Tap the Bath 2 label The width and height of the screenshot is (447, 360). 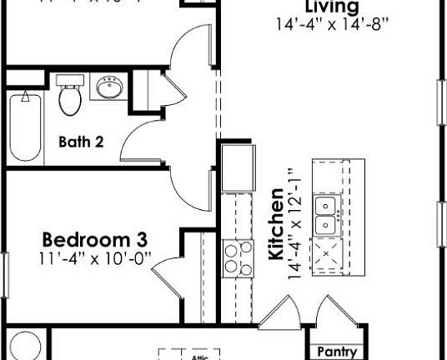tap(81, 142)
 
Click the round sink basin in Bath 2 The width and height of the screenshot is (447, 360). tap(108, 87)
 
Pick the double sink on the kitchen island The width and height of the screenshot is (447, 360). tap(325, 215)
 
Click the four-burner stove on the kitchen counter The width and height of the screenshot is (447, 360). tap(238, 257)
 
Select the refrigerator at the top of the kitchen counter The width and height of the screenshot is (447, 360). tap(238, 166)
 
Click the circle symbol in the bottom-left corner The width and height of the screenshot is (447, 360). tap(24, 347)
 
